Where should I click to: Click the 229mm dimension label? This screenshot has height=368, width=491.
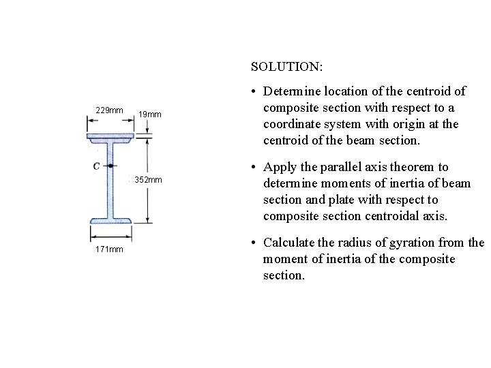(x=109, y=110)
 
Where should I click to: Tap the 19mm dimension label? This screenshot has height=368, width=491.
(x=149, y=114)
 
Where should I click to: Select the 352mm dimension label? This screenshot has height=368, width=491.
(x=149, y=180)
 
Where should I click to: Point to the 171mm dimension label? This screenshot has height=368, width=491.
(x=109, y=249)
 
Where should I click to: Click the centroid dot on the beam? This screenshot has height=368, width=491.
(x=110, y=166)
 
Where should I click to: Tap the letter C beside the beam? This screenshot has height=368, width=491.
(x=98, y=166)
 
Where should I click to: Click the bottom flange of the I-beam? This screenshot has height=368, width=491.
(x=110, y=219)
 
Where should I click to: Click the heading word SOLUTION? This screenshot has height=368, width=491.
(x=287, y=67)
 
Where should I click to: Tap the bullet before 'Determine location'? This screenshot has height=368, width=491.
(x=254, y=91)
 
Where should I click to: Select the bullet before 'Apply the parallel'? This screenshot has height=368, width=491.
(x=254, y=168)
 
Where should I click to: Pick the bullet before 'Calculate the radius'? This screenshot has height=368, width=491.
(x=254, y=243)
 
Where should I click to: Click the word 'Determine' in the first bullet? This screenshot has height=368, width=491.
(x=289, y=91)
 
